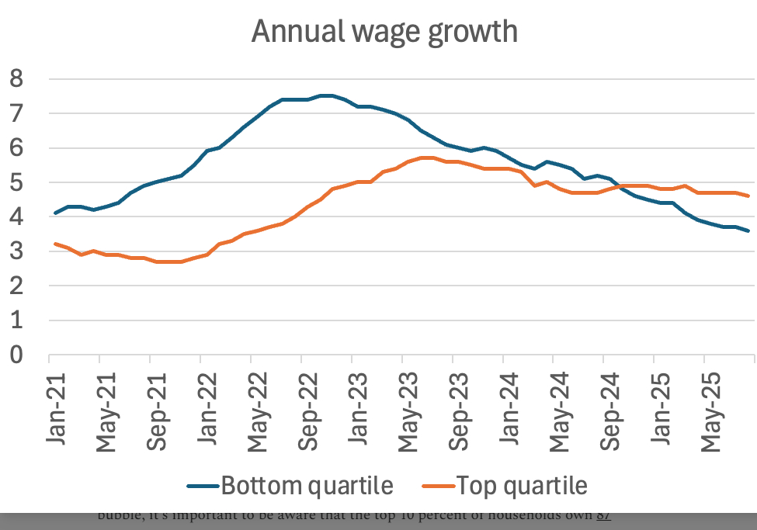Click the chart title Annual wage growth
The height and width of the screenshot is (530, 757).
coord(384,32)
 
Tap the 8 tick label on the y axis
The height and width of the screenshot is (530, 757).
coord(16,79)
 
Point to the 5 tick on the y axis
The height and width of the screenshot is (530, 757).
coord(16,183)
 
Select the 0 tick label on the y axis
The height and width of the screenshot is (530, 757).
coord(16,355)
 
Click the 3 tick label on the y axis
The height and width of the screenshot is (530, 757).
coord(16,252)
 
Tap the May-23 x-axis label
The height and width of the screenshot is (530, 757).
coord(409,407)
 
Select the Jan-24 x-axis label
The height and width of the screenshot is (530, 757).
coord(510,407)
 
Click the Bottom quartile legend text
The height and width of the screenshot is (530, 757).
coord(307,487)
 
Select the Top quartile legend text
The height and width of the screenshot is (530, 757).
coord(522,487)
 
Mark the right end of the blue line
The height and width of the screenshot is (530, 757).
coord(748,230)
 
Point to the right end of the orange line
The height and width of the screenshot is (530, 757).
coord(748,196)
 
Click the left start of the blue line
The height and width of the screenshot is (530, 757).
coord(54,213)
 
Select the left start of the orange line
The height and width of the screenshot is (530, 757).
coord(54,244)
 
